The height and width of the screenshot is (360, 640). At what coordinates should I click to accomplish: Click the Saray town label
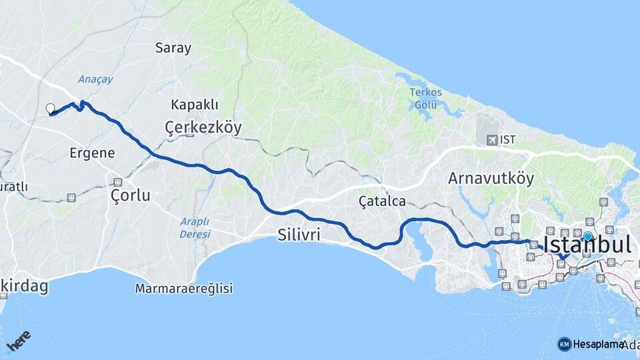tap(173, 48)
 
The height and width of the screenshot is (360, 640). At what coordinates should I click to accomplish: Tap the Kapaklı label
tap(195, 105)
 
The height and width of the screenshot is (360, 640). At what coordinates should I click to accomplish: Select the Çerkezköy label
tap(203, 127)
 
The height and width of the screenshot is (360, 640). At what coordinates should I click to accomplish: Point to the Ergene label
tap(92, 153)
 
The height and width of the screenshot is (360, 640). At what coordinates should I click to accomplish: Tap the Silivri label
tap(299, 234)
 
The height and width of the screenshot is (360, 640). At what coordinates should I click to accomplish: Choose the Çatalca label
tap(382, 201)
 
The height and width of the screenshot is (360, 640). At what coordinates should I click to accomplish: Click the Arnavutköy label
tap(491, 179)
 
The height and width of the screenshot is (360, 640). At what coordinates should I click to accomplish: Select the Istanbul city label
tap(587, 245)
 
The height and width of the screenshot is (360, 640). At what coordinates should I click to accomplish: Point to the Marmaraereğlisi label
tap(184, 289)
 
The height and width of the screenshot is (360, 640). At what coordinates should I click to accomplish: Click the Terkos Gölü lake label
tap(425, 99)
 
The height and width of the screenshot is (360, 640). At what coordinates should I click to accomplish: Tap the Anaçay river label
tap(95, 79)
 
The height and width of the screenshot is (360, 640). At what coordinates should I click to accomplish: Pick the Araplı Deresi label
tap(195, 227)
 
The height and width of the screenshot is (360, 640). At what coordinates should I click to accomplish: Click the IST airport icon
tap(492, 140)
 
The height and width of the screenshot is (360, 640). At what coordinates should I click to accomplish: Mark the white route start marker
tap(50, 109)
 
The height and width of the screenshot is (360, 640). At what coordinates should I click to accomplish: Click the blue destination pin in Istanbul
tap(587, 236)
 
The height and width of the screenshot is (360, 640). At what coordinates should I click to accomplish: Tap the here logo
tap(19, 341)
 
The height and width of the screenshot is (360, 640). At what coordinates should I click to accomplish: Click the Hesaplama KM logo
tap(564, 344)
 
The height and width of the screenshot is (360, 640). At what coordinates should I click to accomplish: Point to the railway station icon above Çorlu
tap(118, 182)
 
